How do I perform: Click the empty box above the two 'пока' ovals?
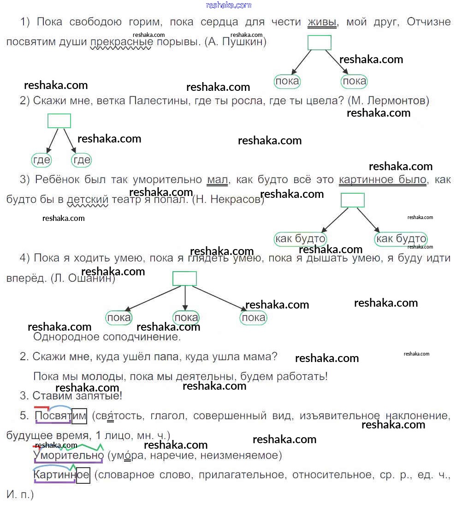pos(320,42)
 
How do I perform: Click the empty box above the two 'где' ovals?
pos(59,121)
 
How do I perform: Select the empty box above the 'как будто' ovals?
pos(353,200)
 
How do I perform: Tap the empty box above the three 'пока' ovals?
pos(185,279)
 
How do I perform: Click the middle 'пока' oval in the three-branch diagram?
pos(186,318)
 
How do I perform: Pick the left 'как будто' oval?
pos(300,239)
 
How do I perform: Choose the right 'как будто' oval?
pos(401,239)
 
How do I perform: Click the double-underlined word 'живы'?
pos(322,22)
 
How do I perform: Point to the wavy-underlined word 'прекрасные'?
pos(121,42)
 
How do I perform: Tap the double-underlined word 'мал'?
pos(218,179)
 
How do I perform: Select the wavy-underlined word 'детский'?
pos(88,199)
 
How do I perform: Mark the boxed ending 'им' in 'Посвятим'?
pos(79,416)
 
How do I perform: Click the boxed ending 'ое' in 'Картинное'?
pos(83,475)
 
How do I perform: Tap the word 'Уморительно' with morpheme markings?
pos(68,456)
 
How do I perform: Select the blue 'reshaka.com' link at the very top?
pos(229,5)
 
